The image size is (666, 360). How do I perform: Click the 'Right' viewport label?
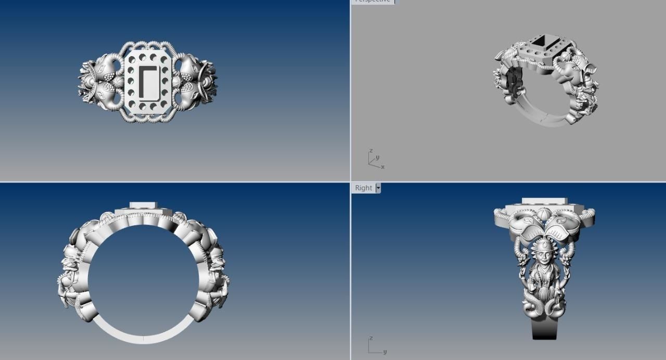(363, 188)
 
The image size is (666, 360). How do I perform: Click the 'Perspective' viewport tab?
(372, 1)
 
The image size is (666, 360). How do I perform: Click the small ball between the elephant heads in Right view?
(543, 215)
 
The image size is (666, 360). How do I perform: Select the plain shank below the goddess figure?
(544, 328)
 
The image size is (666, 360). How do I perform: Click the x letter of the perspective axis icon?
(382, 167)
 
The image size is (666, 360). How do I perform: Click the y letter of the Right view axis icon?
(385, 352)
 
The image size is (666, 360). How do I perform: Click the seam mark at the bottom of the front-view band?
(144, 338)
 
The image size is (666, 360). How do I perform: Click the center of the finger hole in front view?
(144, 281)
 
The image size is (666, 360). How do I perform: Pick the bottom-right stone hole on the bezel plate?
(164, 107)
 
